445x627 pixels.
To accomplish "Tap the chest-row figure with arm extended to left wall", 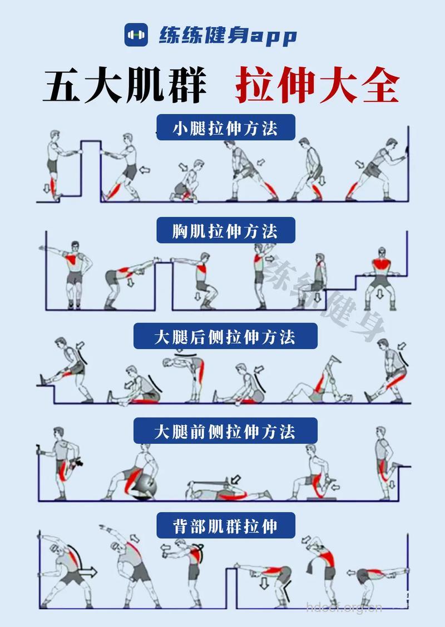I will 70,272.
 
